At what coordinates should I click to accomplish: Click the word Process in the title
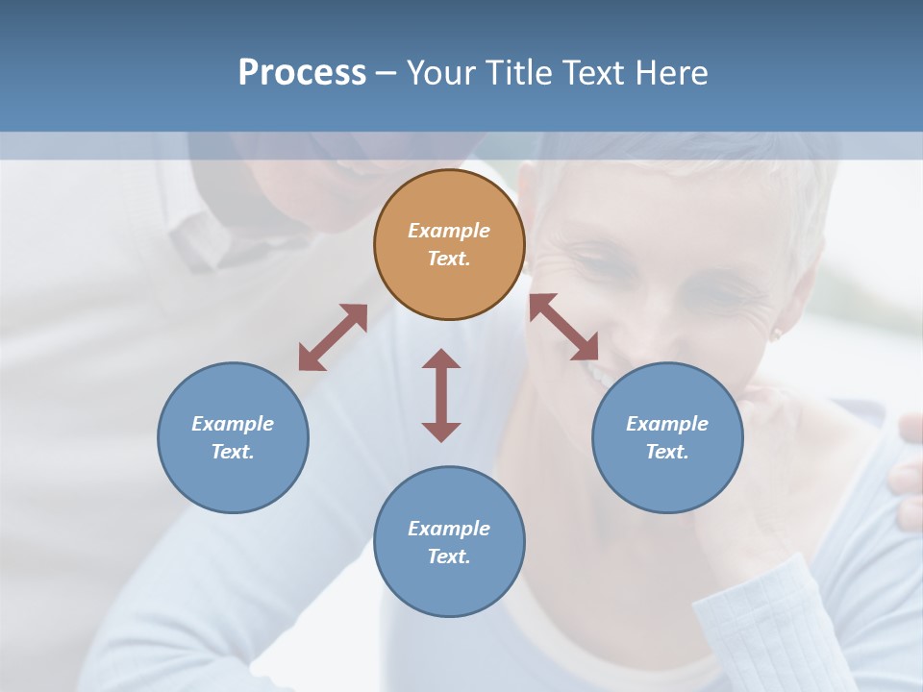point(302,72)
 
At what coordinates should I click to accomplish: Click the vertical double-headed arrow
point(441,396)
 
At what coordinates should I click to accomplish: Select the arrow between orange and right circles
point(563,327)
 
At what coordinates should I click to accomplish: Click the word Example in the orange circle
point(449,231)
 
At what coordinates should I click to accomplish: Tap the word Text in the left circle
point(233,452)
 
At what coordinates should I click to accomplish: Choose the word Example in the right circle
point(667,424)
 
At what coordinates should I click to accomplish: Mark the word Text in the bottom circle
point(449,556)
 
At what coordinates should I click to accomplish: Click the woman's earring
point(776,334)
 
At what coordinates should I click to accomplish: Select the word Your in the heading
point(440,72)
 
